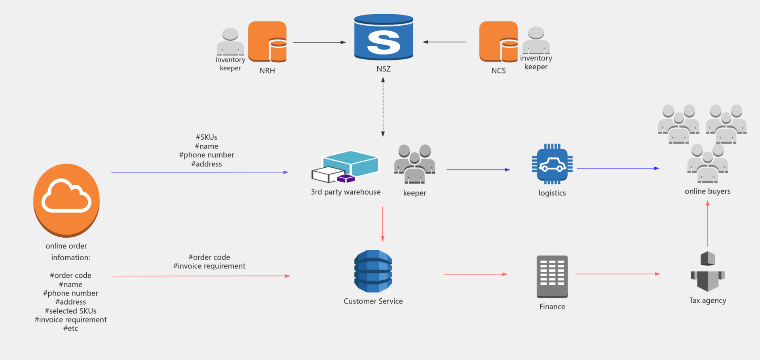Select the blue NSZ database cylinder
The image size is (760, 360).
tap(384, 38)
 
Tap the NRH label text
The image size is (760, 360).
tap(267, 71)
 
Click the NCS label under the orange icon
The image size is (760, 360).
tap(498, 71)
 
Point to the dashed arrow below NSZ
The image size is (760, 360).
tap(383, 107)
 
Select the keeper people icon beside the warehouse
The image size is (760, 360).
tap(414, 164)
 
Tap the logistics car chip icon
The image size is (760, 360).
tap(552, 164)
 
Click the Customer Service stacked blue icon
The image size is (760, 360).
tap(373, 271)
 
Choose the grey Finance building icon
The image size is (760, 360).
tap(552, 276)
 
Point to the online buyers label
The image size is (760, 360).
tap(708, 191)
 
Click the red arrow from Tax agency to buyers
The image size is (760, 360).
tap(708, 224)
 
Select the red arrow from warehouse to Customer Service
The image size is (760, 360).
tap(382, 224)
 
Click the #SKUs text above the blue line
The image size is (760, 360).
tap(207, 137)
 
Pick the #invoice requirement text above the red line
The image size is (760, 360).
tap(209, 266)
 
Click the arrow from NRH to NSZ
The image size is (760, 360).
tap(319, 42)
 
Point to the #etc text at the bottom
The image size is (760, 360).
tap(70, 329)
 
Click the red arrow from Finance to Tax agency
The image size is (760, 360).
tap(617, 274)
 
